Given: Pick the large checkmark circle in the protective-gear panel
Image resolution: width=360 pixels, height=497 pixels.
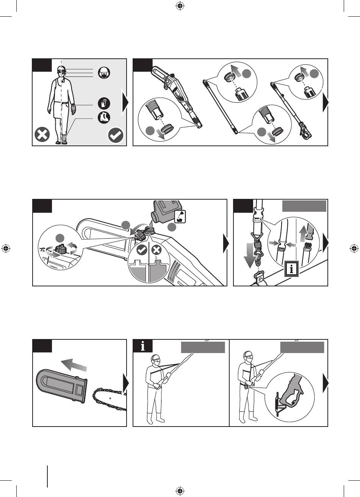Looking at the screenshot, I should click(x=116, y=135).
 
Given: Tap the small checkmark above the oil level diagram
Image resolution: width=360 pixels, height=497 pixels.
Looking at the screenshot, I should click(x=142, y=250).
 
